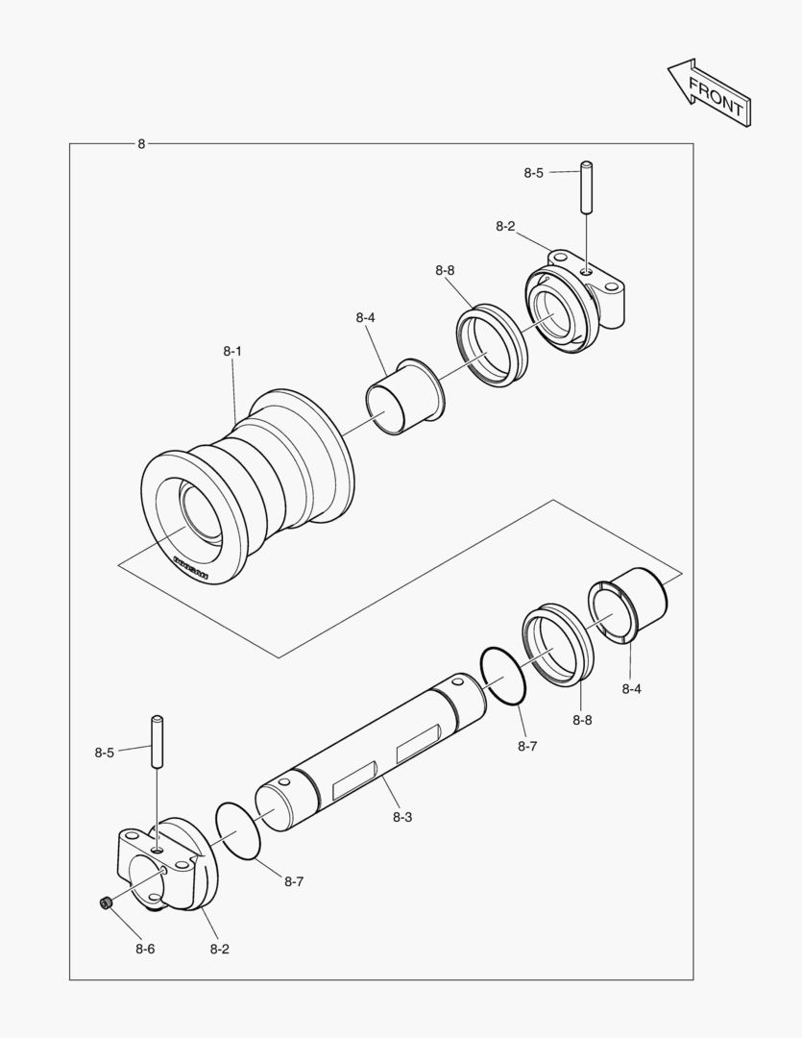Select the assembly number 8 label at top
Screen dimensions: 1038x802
click(141, 144)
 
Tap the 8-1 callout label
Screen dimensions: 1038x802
click(232, 352)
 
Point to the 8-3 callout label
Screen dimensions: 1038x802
click(402, 817)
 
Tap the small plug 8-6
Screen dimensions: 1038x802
click(106, 902)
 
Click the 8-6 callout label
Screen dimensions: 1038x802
click(144, 949)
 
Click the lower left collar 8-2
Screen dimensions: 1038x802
click(166, 864)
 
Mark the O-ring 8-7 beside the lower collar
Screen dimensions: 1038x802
click(238, 832)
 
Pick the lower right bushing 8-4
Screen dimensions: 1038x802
click(628, 605)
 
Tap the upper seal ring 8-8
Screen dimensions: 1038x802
click(493, 346)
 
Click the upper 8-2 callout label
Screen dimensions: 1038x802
click(505, 227)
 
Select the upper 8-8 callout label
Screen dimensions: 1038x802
click(444, 271)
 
